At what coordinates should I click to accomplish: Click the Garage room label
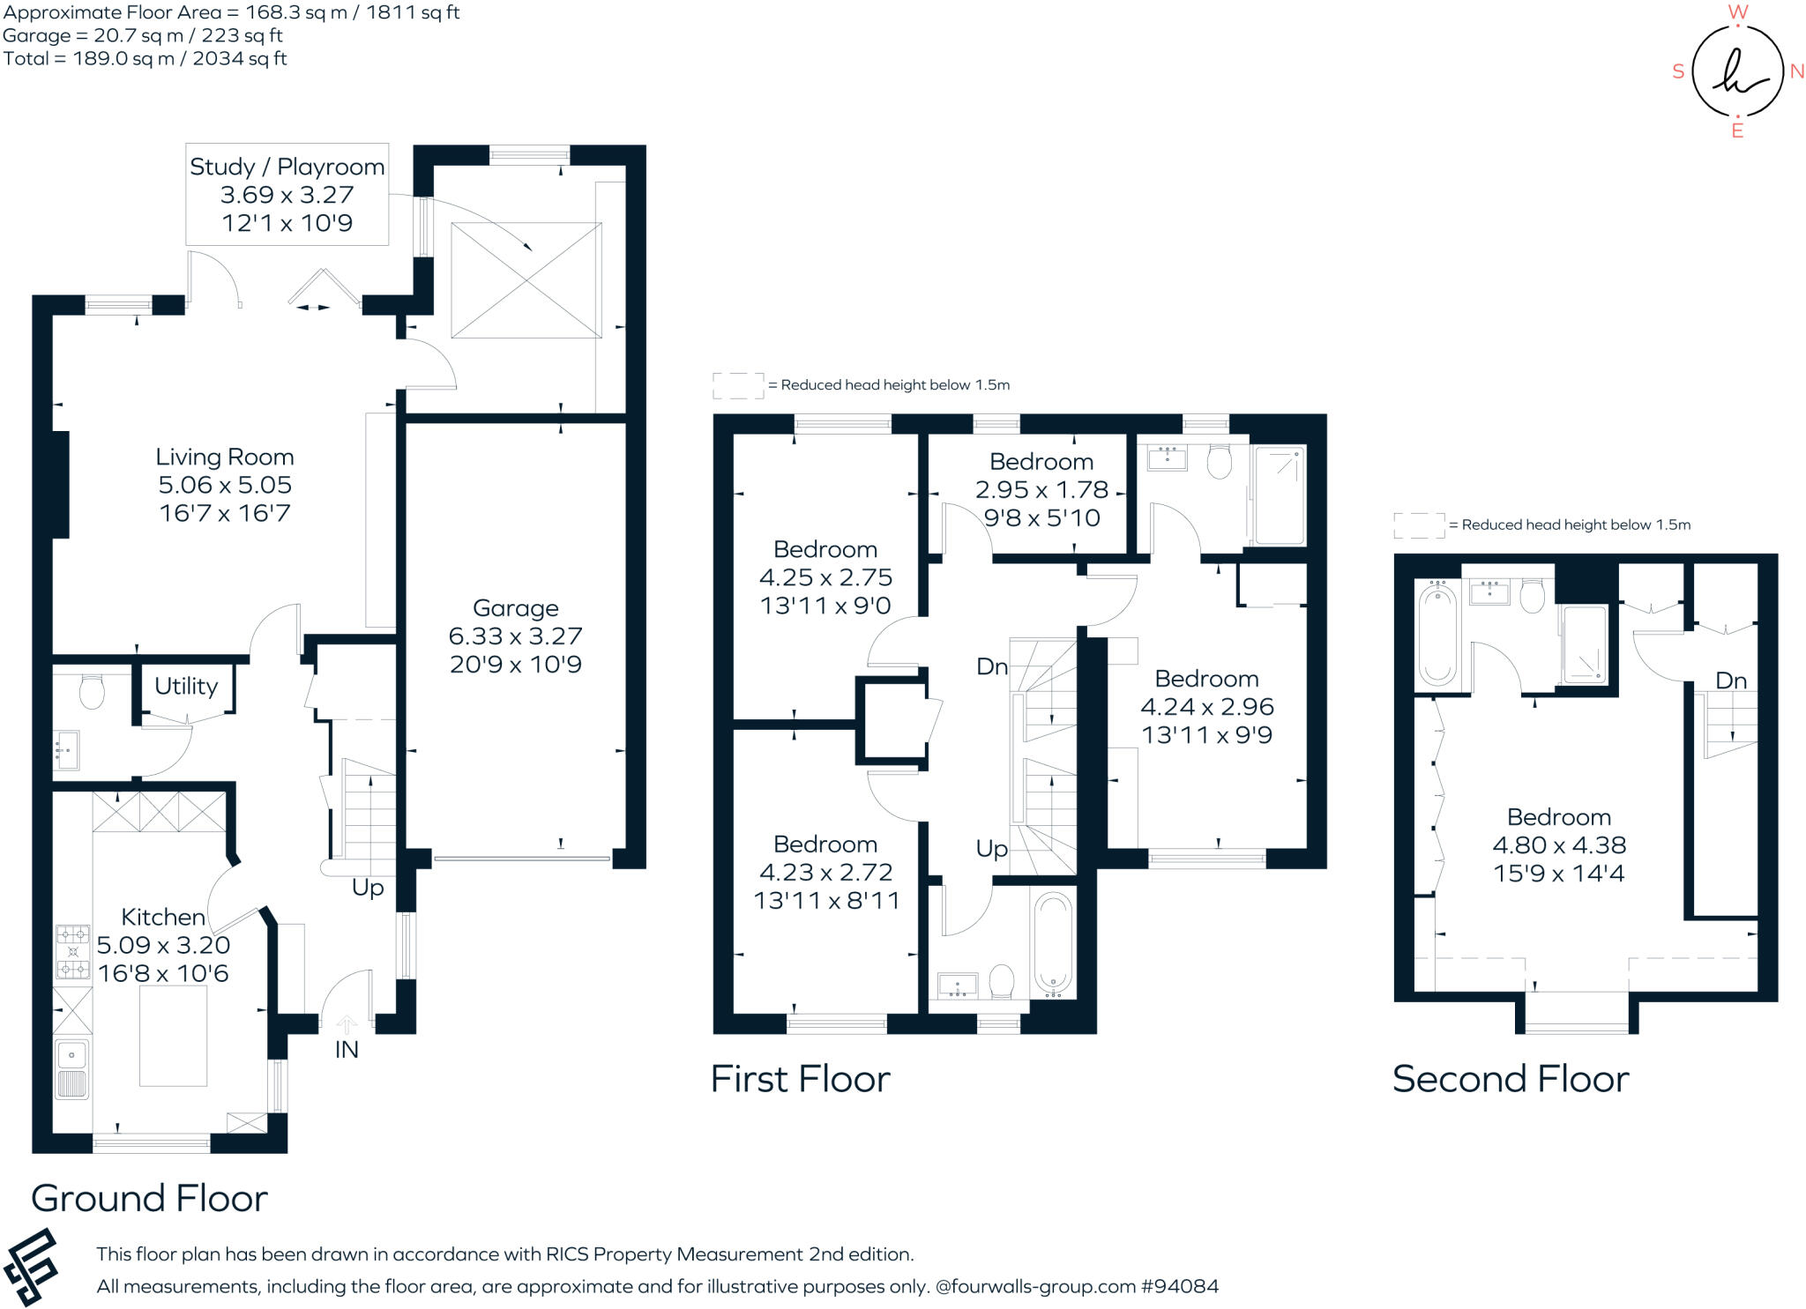tap(515, 608)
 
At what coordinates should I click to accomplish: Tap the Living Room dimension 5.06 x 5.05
tap(225, 485)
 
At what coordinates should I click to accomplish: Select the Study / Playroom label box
tap(287, 194)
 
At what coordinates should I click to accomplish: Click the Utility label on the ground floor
tap(185, 686)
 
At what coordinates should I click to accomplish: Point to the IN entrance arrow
tap(347, 1025)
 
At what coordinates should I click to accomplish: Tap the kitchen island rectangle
tap(173, 1036)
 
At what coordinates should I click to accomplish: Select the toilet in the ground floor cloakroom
tap(92, 692)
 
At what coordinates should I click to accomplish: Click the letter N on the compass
tap(1796, 71)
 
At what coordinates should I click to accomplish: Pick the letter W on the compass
tap(1737, 12)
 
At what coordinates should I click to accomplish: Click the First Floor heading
tap(800, 1079)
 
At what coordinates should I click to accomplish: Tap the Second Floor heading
tap(1510, 1079)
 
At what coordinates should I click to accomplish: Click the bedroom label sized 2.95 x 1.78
tap(1041, 489)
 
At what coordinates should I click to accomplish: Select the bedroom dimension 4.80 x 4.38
tap(1558, 844)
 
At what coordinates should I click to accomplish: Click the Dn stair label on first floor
tap(991, 666)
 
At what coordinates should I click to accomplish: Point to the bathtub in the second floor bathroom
tap(1437, 635)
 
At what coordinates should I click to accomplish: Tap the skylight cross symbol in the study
tap(526, 280)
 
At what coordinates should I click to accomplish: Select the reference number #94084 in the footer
tap(1179, 1286)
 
